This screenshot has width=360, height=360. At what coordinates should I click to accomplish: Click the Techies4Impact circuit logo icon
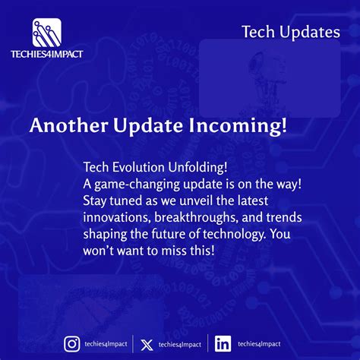click(x=47, y=33)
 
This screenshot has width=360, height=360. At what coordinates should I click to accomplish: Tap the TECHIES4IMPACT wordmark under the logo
click(x=47, y=53)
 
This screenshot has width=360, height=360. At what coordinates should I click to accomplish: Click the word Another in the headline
click(x=65, y=126)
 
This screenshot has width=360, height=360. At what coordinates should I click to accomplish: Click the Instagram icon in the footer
click(x=72, y=344)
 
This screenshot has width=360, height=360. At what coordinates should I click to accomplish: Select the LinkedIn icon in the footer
click(x=223, y=344)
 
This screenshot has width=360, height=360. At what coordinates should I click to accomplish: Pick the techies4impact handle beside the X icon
click(x=180, y=345)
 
